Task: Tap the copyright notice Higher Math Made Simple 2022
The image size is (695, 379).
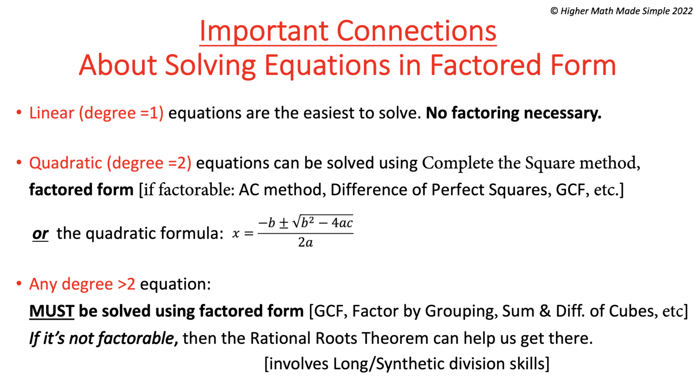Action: [621, 11]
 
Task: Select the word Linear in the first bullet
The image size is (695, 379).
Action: [52, 113]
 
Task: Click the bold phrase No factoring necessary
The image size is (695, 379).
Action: [514, 113]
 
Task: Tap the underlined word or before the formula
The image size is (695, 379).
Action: [40, 234]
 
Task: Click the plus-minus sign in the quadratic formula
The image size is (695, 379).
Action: [284, 223]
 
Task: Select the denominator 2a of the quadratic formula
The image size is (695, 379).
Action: [305, 243]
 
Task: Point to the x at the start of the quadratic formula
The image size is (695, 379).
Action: [235, 234]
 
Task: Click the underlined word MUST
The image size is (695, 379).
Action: [52, 311]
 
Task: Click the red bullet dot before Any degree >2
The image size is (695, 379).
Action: [19, 283]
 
